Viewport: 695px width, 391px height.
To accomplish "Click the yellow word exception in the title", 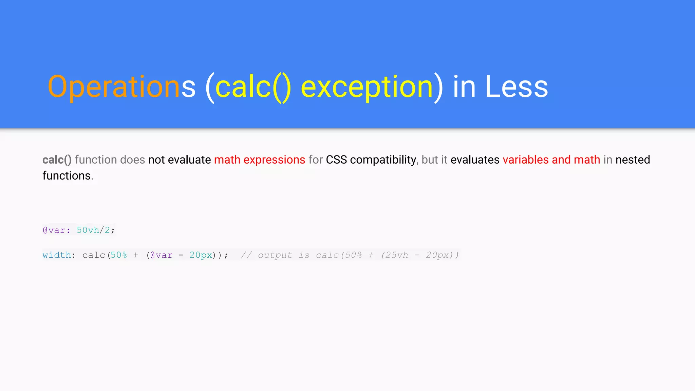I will pyautogui.click(x=367, y=87).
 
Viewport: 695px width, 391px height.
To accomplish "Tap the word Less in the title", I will pyautogui.click(x=516, y=87).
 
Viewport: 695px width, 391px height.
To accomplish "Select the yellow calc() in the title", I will pyautogui.click(x=253, y=87).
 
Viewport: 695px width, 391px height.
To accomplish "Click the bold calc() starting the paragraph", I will pyautogui.click(x=57, y=160).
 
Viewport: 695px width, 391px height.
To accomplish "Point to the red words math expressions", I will pyautogui.click(x=260, y=160).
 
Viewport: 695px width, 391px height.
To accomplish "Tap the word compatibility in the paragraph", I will pyautogui.click(x=383, y=160).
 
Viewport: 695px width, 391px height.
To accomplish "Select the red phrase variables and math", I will pyautogui.click(x=551, y=160).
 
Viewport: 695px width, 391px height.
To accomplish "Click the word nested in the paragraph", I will pyautogui.click(x=633, y=160).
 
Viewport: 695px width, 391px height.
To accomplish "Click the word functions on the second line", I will pyautogui.click(x=67, y=176).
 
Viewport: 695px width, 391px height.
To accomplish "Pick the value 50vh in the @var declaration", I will pyautogui.click(x=88, y=230).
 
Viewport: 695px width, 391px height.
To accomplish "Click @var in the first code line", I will pyautogui.click(x=54, y=230).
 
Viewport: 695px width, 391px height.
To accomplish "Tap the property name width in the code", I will pyautogui.click(x=57, y=255).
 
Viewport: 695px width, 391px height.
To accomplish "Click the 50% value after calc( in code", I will pyautogui.click(x=119, y=255).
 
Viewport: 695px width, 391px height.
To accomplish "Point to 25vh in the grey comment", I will pyautogui.click(x=396, y=255).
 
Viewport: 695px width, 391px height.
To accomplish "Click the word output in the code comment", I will pyautogui.click(x=275, y=255).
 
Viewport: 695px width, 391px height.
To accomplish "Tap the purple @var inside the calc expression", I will pyautogui.click(x=161, y=255).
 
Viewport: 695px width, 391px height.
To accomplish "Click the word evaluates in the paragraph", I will pyautogui.click(x=475, y=160).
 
